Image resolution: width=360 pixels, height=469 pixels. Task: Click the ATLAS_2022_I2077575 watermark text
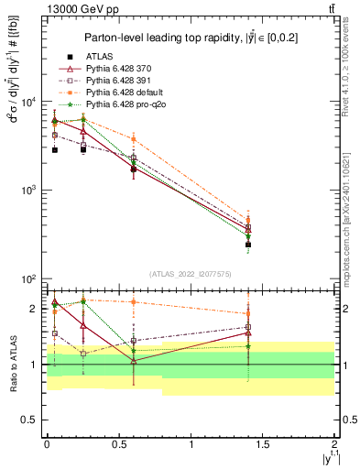(190, 274)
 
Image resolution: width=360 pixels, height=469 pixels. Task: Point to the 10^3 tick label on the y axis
(28, 191)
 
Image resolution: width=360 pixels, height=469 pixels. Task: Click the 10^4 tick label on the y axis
(28, 102)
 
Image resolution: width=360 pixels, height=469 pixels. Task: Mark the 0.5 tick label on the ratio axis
(28, 420)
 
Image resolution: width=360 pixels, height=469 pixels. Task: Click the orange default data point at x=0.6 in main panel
(134, 139)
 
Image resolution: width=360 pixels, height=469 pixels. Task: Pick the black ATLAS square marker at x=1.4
(248, 245)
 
